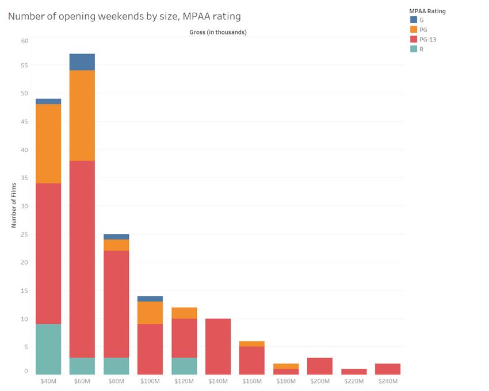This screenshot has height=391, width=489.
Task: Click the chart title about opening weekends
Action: pyautogui.click(x=124, y=17)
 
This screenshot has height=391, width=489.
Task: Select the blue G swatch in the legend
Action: pyautogui.click(x=413, y=20)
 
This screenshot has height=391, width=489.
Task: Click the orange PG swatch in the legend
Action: pyautogui.click(x=413, y=30)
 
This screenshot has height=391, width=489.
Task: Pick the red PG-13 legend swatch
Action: pyautogui.click(x=413, y=40)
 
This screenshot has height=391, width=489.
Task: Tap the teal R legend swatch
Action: pyautogui.click(x=413, y=49)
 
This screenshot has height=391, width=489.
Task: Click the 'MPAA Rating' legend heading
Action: pyautogui.click(x=427, y=11)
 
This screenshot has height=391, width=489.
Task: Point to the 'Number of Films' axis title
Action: pyautogui.click(x=13, y=205)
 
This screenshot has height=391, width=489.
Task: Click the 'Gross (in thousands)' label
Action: pyautogui.click(x=217, y=32)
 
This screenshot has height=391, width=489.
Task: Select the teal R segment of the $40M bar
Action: pyautogui.click(x=48, y=349)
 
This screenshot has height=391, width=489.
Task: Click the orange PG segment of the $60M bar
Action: pyautogui.click(x=82, y=116)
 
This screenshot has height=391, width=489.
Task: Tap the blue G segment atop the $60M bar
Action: pyautogui.click(x=82, y=62)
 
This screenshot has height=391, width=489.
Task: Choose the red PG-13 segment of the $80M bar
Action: pyautogui.click(x=116, y=304)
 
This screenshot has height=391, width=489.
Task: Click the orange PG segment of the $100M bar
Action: pyautogui.click(x=150, y=313)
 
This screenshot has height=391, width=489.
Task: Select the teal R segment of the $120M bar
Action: pyautogui.click(x=184, y=366)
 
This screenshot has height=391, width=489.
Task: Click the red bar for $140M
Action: pyautogui.click(x=218, y=346)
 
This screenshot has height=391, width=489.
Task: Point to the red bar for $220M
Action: pyautogui.click(x=354, y=371)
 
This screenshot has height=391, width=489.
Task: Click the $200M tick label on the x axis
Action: pyautogui.click(x=320, y=381)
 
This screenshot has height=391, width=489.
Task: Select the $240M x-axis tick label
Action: pyautogui.click(x=388, y=381)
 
